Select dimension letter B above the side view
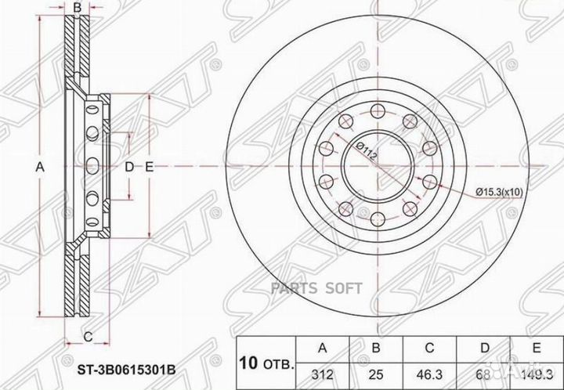[x=77, y=9]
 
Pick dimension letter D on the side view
[x=129, y=167]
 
